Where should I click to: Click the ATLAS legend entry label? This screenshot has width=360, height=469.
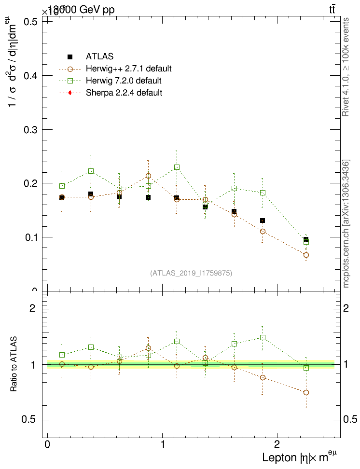coord(99,56)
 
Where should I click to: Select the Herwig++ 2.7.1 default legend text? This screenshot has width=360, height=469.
coord(129,69)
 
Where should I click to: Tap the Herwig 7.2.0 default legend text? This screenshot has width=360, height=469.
coord(124,81)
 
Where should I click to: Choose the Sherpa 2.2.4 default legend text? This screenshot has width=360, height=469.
coord(124,93)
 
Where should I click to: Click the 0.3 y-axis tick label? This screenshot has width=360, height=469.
coord(30,130)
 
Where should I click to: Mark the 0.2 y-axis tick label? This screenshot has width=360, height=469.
coord(30,183)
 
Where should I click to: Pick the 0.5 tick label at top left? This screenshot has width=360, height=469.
coord(30,22)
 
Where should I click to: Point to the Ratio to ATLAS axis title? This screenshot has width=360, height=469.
coord(14,363)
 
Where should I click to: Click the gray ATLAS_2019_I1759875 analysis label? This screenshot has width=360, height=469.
coord(191,273)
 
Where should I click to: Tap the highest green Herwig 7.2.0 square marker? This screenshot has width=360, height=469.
coord(177,167)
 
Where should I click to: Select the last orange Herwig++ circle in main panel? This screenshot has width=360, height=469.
coord(306,255)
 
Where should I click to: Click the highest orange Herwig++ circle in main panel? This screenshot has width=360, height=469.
coord(148,176)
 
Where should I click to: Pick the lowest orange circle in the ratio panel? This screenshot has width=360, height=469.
coord(306,392)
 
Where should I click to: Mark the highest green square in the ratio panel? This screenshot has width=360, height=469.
coord(263,337)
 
